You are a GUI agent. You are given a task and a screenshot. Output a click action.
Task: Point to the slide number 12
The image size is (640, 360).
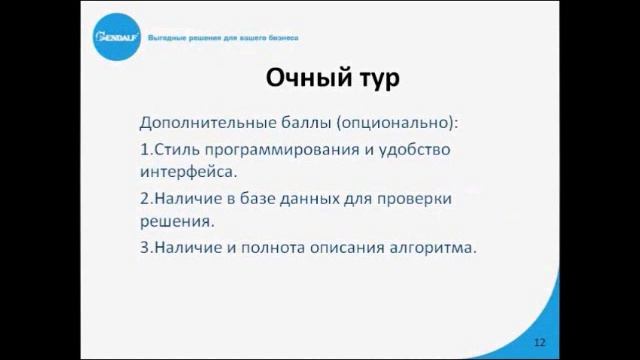tap(540, 341)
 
